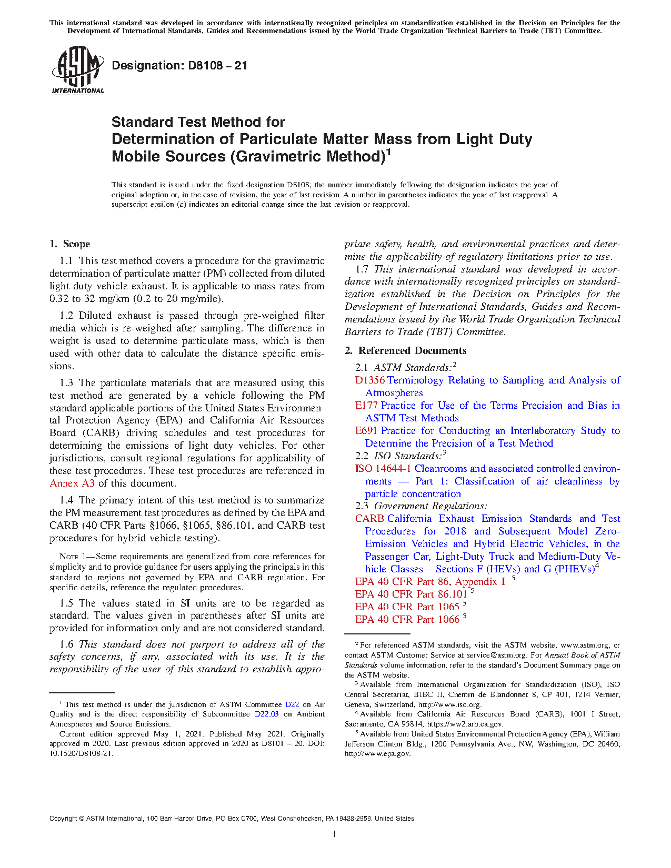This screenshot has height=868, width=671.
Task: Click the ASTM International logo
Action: (77, 70)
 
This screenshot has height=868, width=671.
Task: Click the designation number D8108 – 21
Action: (179, 66)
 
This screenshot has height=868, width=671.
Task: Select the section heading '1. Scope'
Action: (70, 244)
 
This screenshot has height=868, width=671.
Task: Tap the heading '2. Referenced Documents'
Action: (406, 351)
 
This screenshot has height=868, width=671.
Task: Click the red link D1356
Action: (370, 380)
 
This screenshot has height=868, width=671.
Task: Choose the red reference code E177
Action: (367, 406)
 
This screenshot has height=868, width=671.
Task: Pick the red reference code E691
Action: (367, 431)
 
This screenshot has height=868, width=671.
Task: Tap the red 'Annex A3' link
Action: (72, 483)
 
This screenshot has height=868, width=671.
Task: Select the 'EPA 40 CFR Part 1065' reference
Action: (407, 607)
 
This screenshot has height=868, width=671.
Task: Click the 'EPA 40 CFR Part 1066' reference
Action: (407, 620)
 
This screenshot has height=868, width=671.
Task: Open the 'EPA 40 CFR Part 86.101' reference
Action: (411, 594)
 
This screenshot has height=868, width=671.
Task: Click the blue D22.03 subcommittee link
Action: (266, 714)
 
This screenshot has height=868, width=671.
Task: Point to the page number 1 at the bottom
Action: (335, 834)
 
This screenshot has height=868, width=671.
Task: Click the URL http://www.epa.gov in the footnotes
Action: (377, 754)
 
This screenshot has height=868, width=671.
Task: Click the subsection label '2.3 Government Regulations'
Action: (421, 506)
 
